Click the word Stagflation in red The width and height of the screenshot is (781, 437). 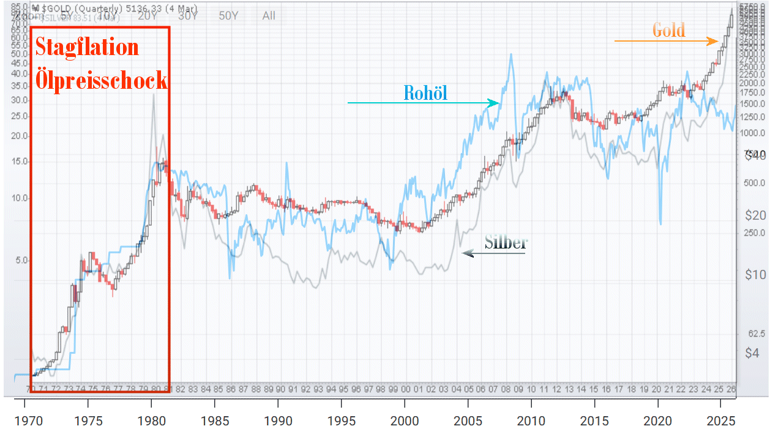point(87,47)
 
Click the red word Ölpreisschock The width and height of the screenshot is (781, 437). point(101,80)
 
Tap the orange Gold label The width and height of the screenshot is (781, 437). point(668,30)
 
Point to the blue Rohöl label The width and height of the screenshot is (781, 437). point(425,93)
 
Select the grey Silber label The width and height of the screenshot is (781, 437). point(506,242)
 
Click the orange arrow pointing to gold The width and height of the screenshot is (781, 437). point(667,42)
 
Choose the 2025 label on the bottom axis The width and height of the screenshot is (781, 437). point(720,422)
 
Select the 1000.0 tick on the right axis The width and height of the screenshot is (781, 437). point(752,133)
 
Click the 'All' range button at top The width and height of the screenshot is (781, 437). point(269,16)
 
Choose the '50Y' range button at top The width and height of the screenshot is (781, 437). point(228,16)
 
